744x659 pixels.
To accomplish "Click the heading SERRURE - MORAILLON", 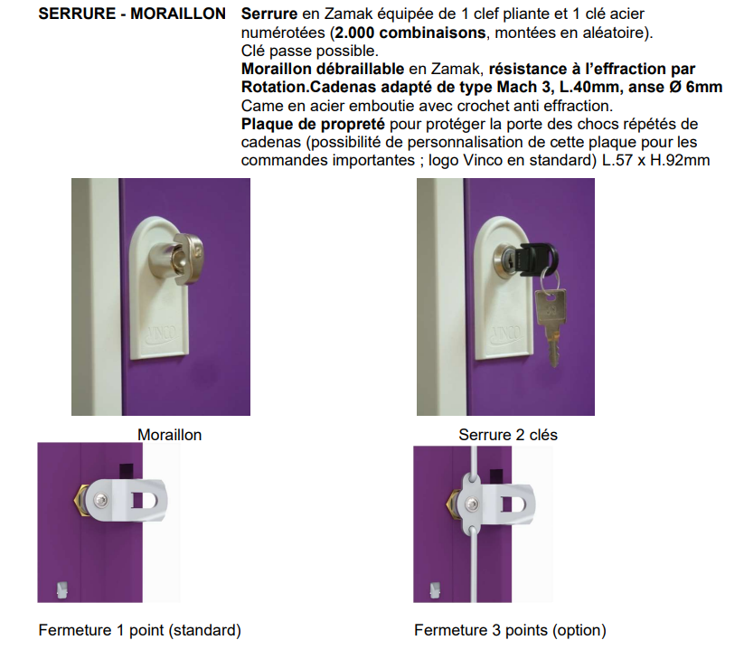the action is coord(132,14).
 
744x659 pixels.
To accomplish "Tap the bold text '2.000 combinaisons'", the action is coord(410,33).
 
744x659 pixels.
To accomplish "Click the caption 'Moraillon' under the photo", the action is coord(169,435).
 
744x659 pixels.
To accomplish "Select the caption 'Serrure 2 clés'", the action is coord(508,435).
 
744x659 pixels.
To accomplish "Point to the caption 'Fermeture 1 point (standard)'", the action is coord(140,630).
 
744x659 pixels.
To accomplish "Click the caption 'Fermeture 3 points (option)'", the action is coord(510,630).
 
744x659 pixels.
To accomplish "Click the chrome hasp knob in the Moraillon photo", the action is coord(176,259).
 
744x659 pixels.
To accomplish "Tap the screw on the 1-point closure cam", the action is coord(100,499).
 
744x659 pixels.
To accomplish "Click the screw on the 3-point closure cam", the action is coord(471,504).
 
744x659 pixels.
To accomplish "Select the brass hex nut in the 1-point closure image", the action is coord(80,500).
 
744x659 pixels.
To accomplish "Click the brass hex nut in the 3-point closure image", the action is coord(453,504).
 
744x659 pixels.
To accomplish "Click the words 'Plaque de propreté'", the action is coord(313,124).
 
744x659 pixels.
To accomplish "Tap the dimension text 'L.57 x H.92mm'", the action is coord(655,160).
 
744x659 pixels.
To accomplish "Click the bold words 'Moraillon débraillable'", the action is coord(323,70).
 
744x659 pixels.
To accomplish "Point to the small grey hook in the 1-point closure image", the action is coord(62,589).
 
